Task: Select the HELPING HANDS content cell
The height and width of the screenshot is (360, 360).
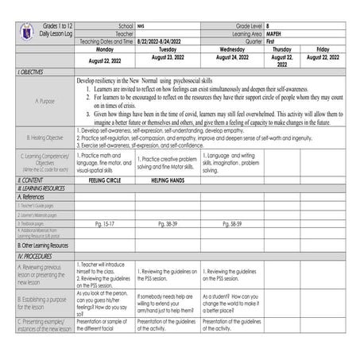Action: coord(167,180)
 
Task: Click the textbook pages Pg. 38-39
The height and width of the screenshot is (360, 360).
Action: coord(167,224)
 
